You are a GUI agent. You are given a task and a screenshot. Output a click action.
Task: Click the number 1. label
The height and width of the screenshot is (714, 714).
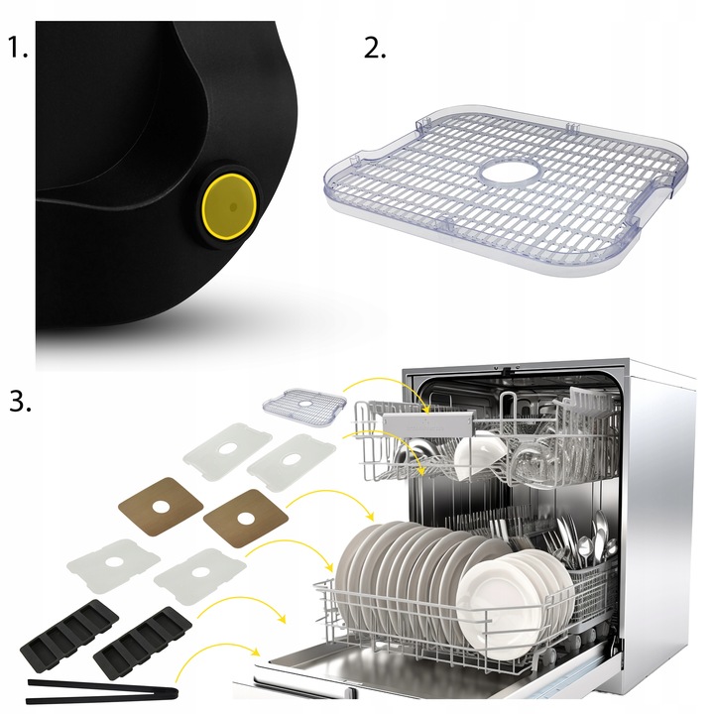(19, 49)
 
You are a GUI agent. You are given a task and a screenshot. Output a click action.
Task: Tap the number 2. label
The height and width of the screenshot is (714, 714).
(374, 49)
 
